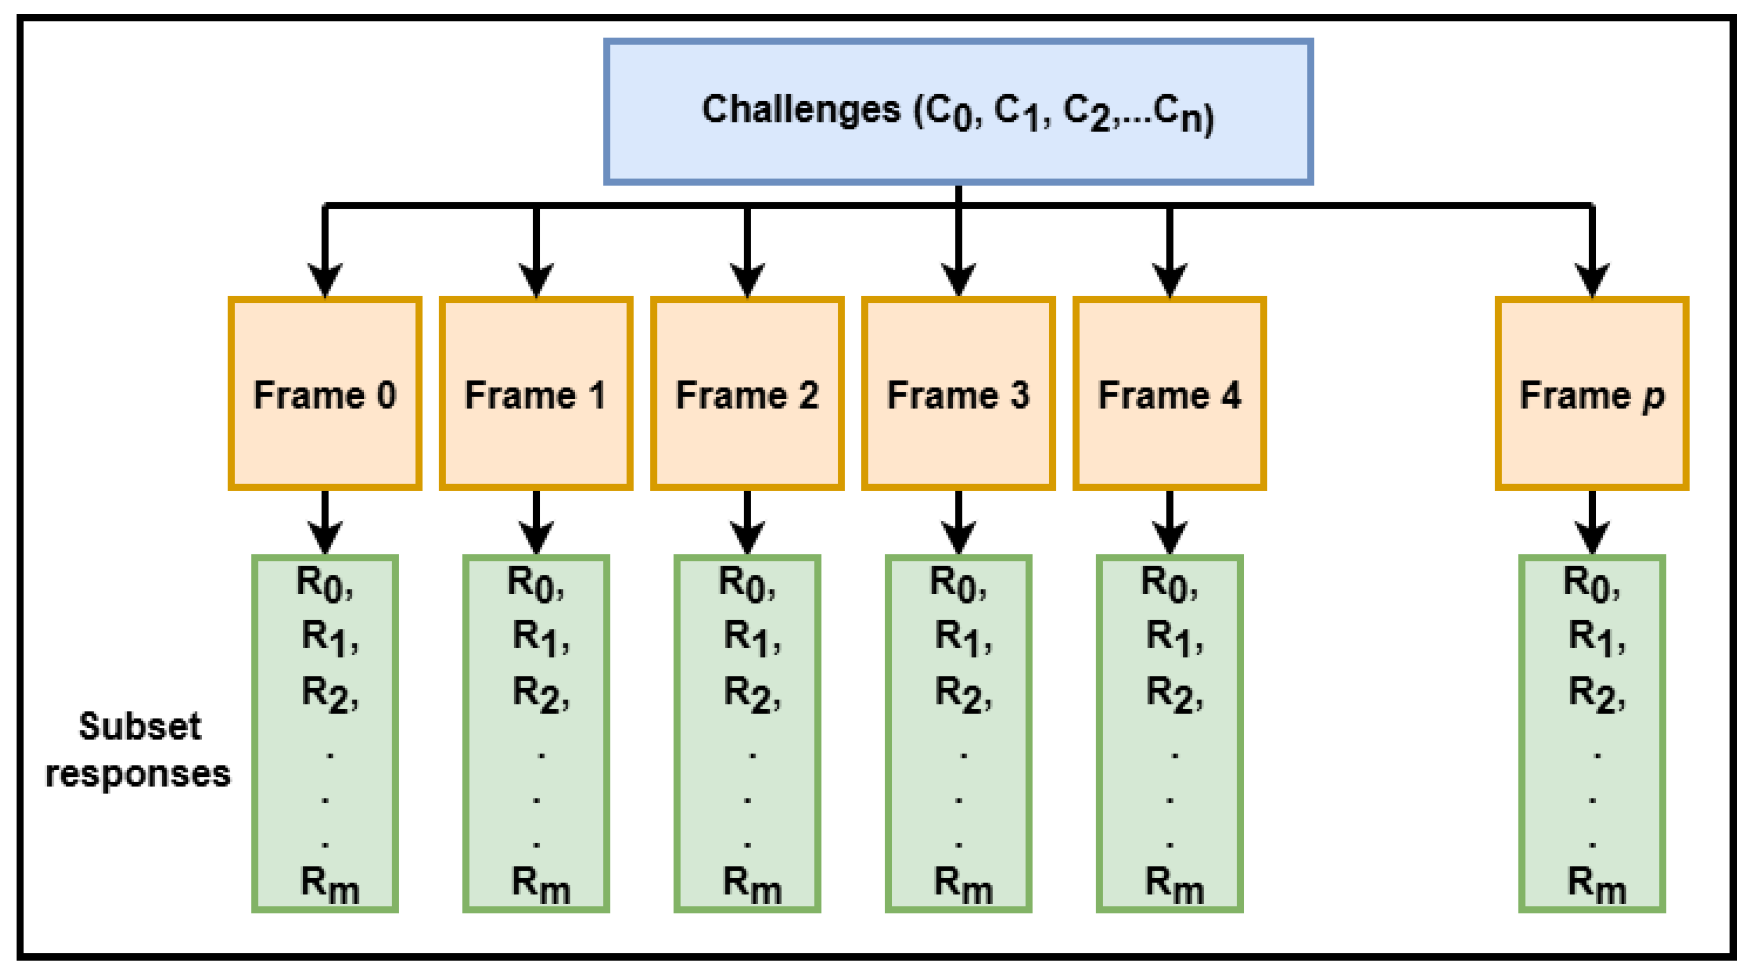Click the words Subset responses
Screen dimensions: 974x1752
tap(139, 750)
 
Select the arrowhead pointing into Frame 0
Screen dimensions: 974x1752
tap(325, 279)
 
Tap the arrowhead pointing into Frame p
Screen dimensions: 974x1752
tap(1592, 279)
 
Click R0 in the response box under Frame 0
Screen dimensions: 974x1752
tap(323, 583)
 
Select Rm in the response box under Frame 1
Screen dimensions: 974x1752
tap(540, 884)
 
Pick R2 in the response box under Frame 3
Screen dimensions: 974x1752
tap(962, 694)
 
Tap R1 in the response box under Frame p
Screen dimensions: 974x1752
tap(1595, 638)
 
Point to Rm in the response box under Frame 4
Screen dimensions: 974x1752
tap(1174, 884)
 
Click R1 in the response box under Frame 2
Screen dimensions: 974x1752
tap(751, 638)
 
